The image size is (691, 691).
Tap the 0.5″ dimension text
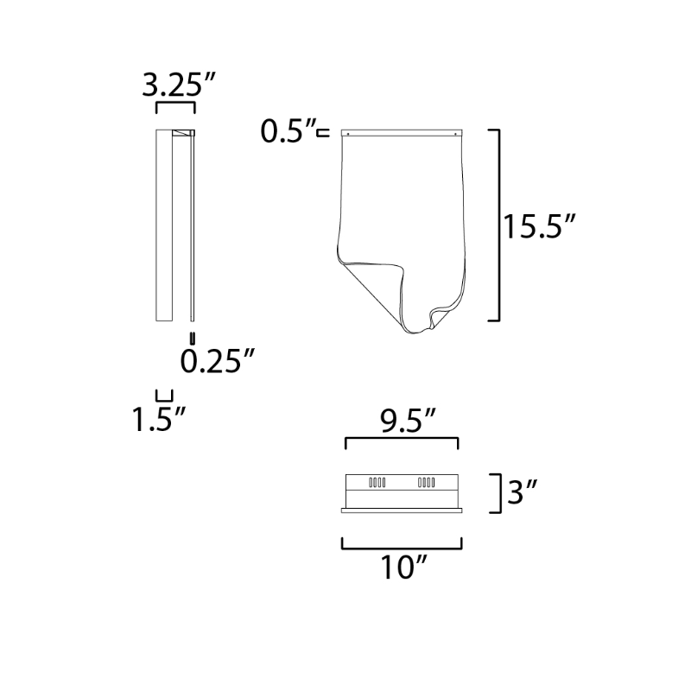point(288,131)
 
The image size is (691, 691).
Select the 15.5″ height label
point(539,226)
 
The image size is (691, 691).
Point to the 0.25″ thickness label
point(217,360)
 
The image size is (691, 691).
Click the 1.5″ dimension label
point(159,419)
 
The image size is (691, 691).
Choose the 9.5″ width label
point(408,421)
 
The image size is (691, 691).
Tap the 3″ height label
point(523,492)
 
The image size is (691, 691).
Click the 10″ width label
point(403,567)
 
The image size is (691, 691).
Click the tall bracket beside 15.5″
point(499,225)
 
